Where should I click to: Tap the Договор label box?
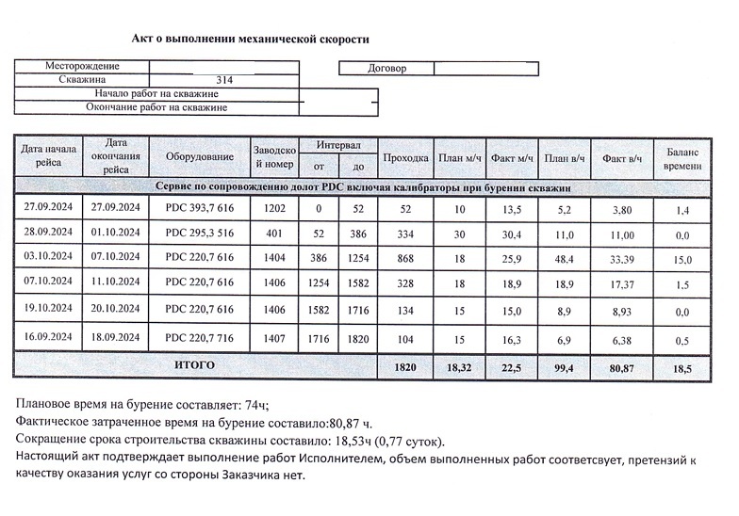point(386,69)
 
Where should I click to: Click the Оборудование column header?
point(199,156)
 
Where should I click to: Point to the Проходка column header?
point(407,157)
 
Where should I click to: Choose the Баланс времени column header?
point(683,157)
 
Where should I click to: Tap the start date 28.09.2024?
point(48,232)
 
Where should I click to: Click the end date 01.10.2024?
point(116,232)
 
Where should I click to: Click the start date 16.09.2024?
point(48,336)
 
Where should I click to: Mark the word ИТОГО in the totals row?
point(195,364)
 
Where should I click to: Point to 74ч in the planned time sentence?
point(255,406)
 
